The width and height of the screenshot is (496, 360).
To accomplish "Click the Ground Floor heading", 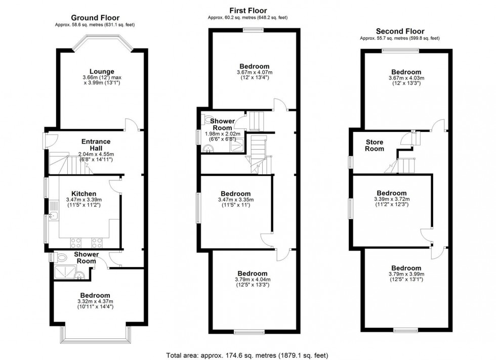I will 95,17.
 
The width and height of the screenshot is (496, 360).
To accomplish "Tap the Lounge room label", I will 101,71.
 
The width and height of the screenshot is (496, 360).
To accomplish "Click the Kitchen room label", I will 80,194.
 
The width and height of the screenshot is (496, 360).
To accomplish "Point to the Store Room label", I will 375,146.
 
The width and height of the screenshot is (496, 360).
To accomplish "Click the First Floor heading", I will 247,10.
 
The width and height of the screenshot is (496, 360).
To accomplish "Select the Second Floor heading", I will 399,31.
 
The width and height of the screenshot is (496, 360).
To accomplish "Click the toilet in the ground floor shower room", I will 61,257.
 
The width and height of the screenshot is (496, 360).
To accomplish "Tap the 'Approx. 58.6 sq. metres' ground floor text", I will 95,24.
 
